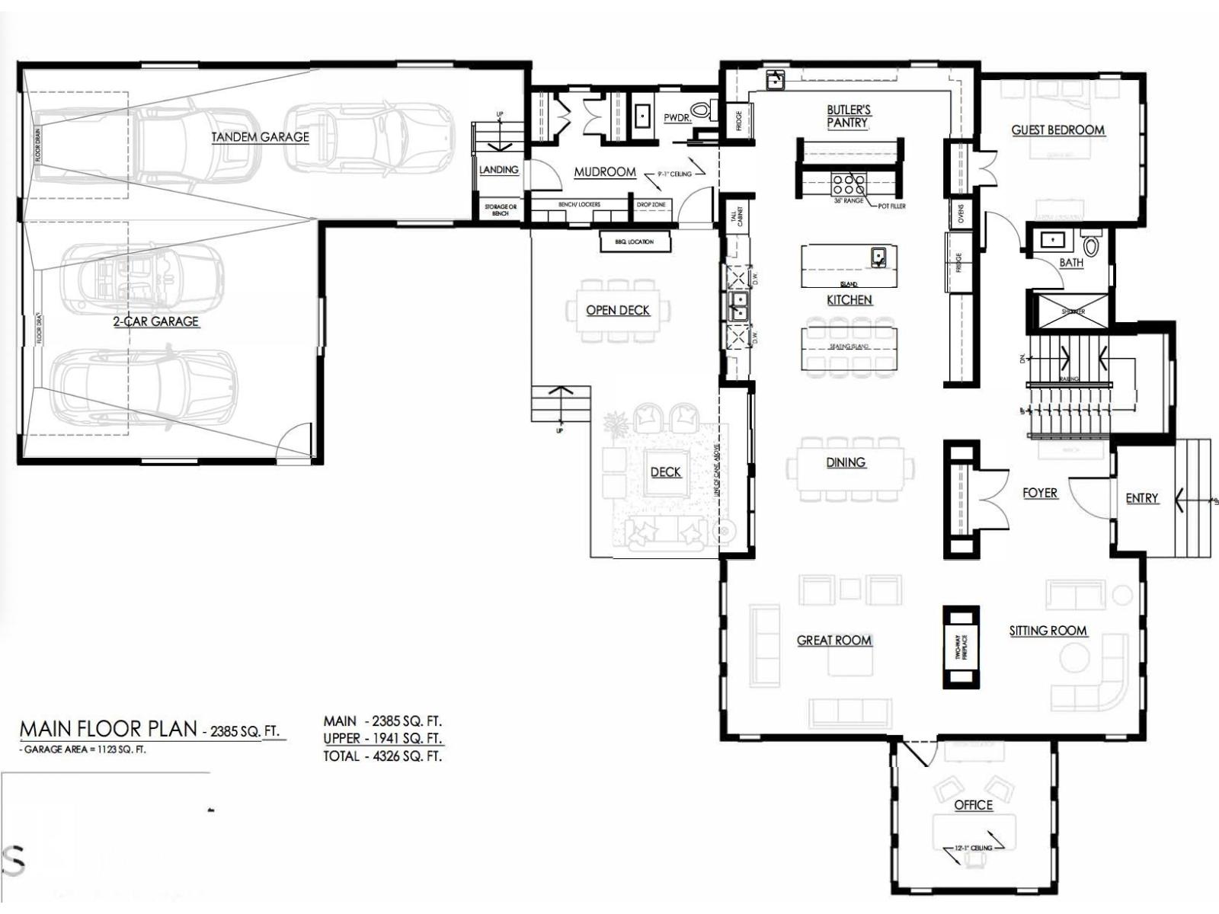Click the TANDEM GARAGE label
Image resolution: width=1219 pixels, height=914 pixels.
point(260,137)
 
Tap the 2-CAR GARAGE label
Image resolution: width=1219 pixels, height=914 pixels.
point(155,321)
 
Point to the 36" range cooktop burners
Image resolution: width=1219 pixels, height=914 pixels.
point(848,184)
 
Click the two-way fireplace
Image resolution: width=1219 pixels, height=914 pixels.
point(961,647)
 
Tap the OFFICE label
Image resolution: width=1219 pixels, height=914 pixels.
point(973,805)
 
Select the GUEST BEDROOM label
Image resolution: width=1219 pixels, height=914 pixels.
point(1057,130)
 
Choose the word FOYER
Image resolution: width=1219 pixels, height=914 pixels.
point(1040,494)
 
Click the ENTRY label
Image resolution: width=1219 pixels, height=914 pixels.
point(1141,498)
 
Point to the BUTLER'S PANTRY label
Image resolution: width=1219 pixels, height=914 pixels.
point(848,117)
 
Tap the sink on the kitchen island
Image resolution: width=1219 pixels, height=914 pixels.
point(878,257)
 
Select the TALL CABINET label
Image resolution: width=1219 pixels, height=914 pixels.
point(737,217)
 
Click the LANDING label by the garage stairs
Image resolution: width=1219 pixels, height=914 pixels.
point(498,170)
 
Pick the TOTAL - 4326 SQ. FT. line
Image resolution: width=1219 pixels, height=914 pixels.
point(382,756)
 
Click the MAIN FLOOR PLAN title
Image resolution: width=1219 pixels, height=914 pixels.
point(108,729)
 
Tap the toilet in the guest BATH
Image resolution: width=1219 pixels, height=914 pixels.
point(1091,245)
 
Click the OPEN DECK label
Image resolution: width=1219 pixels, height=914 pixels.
point(617,310)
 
